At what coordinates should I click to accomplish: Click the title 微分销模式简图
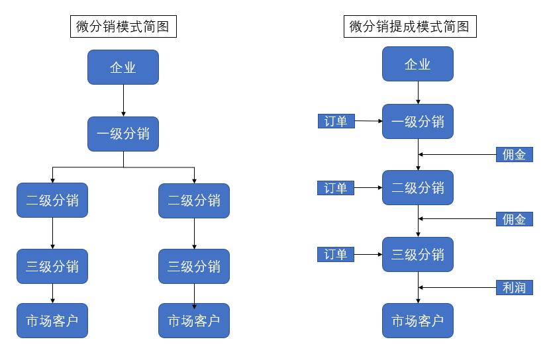tap(123, 26)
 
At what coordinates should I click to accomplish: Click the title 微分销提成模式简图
tap(413, 26)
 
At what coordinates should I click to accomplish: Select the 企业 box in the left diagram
tap(123, 67)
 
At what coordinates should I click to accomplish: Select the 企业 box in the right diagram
tap(418, 64)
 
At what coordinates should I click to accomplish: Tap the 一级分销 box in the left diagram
tap(123, 134)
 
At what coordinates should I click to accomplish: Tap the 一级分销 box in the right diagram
tap(418, 122)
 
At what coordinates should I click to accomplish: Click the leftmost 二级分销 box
tap(52, 200)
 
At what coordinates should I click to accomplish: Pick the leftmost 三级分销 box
tap(52, 266)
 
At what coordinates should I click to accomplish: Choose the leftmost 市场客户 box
tap(52, 321)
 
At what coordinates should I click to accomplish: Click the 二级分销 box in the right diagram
tap(418, 188)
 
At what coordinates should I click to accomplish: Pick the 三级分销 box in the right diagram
tap(418, 255)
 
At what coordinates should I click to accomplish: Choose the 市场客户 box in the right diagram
tap(418, 321)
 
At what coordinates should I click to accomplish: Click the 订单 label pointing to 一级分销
tap(336, 121)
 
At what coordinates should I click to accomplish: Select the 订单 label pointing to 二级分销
tap(336, 188)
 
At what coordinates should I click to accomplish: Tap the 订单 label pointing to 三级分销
tap(336, 255)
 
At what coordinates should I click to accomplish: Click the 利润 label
tap(515, 287)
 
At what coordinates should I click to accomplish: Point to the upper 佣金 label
tap(515, 155)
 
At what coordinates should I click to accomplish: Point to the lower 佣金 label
tap(515, 219)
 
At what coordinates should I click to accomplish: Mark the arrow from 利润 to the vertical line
tap(457, 287)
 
